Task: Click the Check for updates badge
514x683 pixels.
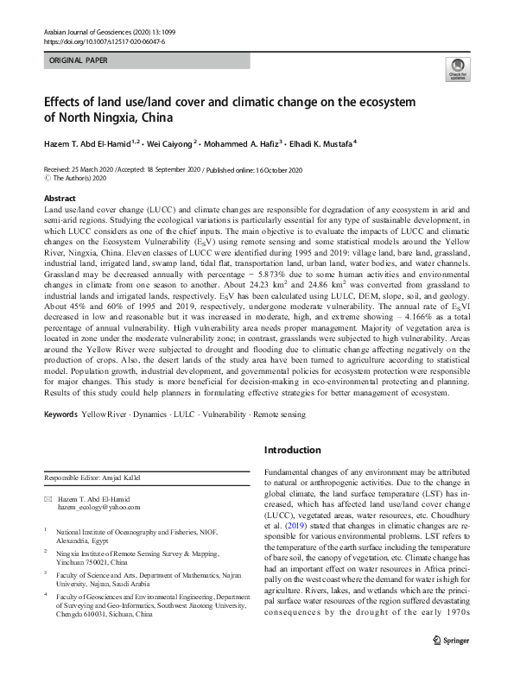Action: [x=455, y=69]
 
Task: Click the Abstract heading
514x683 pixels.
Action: [x=60, y=198]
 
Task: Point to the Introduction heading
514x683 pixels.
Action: [x=292, y=450]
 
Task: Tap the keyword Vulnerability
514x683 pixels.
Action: [x=225, y=415]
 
